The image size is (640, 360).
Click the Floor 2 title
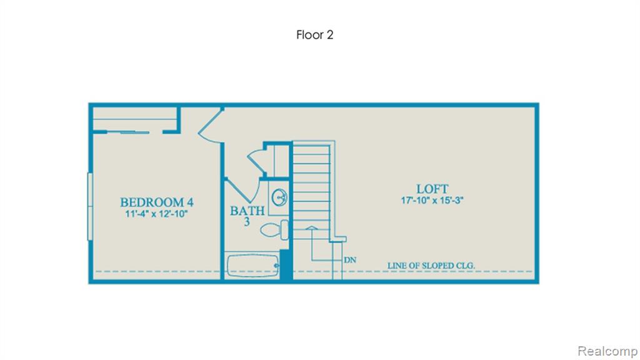click(x=315, y=35)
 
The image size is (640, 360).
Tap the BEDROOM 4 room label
click(x=157, y=202)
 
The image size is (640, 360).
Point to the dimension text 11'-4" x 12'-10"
click(x=156, y=214)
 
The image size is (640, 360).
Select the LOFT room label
click(x=432, y=189)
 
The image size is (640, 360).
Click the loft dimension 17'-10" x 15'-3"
click(x=432, y=201)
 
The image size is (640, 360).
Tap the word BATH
click(x=247, y=211)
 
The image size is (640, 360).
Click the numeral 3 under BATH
click(x=246, y=222)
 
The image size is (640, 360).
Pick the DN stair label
click(x=350, y=260)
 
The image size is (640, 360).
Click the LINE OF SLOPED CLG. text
click(x=431, y=266)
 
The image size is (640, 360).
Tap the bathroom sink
click(x=279, y=197)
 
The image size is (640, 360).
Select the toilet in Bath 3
click(x=274, y=230)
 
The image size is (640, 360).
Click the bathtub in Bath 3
click(x=253, y=266)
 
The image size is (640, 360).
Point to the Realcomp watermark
click(x=607, y=351)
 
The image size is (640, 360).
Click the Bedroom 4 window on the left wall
click(x=90, y=206)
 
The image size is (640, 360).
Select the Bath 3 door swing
click(x=242, y=191)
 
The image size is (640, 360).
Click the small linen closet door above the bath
click(x=256, y=162)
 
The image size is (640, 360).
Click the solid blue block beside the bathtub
click(x=286, y=264)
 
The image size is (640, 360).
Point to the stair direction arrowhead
click(x=311, y=227)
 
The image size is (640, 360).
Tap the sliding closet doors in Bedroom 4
click(x=128, y=132)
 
